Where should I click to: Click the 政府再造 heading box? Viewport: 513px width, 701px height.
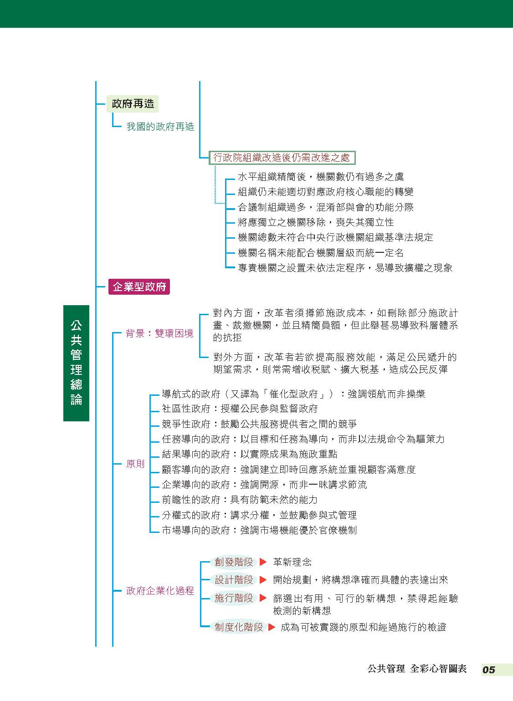click(x=133, y=103)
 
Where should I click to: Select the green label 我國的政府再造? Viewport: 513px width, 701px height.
click(x=160, y=127)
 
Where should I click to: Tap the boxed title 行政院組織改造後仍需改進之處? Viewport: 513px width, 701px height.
click(x=282, y=158)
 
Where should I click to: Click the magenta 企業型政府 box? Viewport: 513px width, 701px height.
click(x=139, y=287)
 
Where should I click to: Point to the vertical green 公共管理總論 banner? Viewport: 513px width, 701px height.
click(x=76, y=363)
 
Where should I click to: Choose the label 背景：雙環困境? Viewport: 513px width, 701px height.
click(x=159, y=333)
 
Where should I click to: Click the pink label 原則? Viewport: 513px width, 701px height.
click(x=135, y=464)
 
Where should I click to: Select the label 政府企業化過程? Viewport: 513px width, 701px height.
click(x=160, y=590)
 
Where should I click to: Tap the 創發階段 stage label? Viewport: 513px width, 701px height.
click(x=234, y=562)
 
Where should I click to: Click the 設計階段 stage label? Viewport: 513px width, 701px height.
click(x=234, y=579)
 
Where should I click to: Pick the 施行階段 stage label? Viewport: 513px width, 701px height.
click(x=234, y=598)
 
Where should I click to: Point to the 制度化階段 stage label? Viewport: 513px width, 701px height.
click(x=239, y=627)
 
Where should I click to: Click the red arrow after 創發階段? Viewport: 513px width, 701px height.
click(x=263, y=562)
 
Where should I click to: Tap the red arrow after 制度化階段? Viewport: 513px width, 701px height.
click(x=272, y=627)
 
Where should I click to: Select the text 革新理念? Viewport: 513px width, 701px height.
click(x=292, y=562)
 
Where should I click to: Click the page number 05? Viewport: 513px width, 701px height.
click(x=488, y=670)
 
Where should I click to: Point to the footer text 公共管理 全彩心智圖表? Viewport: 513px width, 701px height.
click(x=417, y=669)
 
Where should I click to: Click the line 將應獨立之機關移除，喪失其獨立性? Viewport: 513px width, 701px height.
click(x=316, y=222)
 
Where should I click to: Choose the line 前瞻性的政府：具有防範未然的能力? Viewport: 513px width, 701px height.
click(x=240, y=500)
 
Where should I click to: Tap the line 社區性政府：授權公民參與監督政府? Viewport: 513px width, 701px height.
click(x=240, y=409)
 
